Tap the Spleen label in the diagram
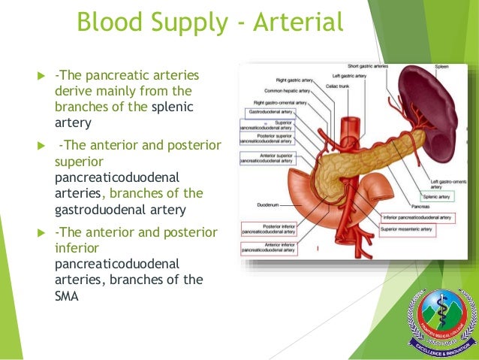pyautogui.click(x=441, y=67)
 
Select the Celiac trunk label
pyautogui.click(x=337, y=86)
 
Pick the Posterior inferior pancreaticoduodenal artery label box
pyautogui.click(x=268, y=228)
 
